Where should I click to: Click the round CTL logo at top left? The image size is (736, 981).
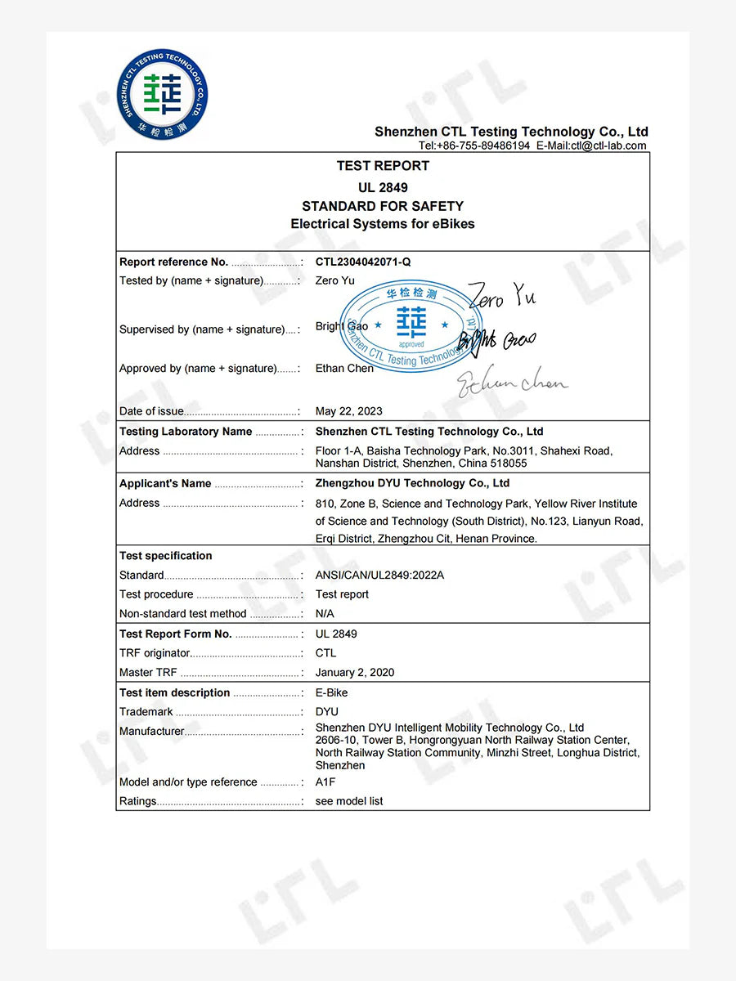163,93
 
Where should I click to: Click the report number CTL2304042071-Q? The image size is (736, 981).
363,262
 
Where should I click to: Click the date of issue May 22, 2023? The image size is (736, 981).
348,411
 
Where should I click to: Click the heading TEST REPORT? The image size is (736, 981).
383,166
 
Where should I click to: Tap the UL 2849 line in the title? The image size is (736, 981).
383,187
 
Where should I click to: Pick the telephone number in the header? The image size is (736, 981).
474,146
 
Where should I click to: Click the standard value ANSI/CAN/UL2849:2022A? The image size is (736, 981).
379,576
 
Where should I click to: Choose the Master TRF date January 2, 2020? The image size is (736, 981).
355,673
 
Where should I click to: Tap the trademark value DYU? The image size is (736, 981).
327,712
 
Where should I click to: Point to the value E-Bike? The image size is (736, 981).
332,693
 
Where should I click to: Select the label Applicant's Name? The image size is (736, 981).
165,484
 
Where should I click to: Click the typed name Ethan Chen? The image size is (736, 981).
344,369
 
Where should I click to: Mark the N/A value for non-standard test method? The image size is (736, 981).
325,614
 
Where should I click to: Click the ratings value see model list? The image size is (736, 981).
349,802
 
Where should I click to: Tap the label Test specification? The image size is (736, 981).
166,556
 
